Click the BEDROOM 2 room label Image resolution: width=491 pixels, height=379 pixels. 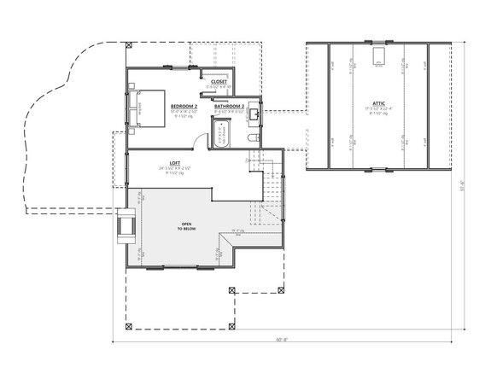(184, 106)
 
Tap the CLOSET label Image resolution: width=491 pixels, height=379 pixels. (219, 81)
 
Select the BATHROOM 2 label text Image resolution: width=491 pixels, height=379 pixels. (230, 106)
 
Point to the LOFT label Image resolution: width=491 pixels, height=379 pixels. (174, 162)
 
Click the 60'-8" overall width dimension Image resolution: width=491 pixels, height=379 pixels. (281, 338)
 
